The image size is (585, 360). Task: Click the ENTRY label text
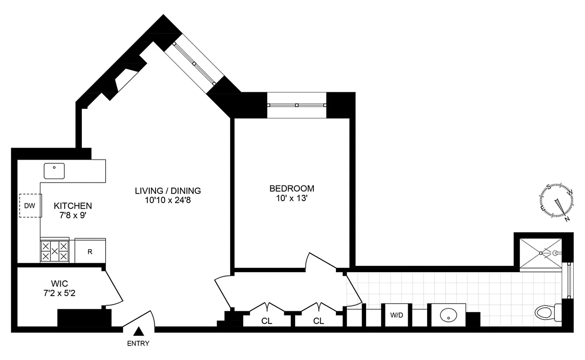point(139,344)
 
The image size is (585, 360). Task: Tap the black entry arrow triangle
point(139,332)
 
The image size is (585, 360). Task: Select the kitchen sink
point(54,171)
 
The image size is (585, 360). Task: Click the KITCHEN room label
point(73,206)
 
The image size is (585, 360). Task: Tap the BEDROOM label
point(291,189)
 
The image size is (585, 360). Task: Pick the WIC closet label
point(59,284)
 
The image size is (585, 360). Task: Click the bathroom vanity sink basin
point(448,315)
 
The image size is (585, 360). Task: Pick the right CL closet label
point(318,321)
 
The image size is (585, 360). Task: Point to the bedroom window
point(296,105)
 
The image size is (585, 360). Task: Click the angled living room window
point(194,64)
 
